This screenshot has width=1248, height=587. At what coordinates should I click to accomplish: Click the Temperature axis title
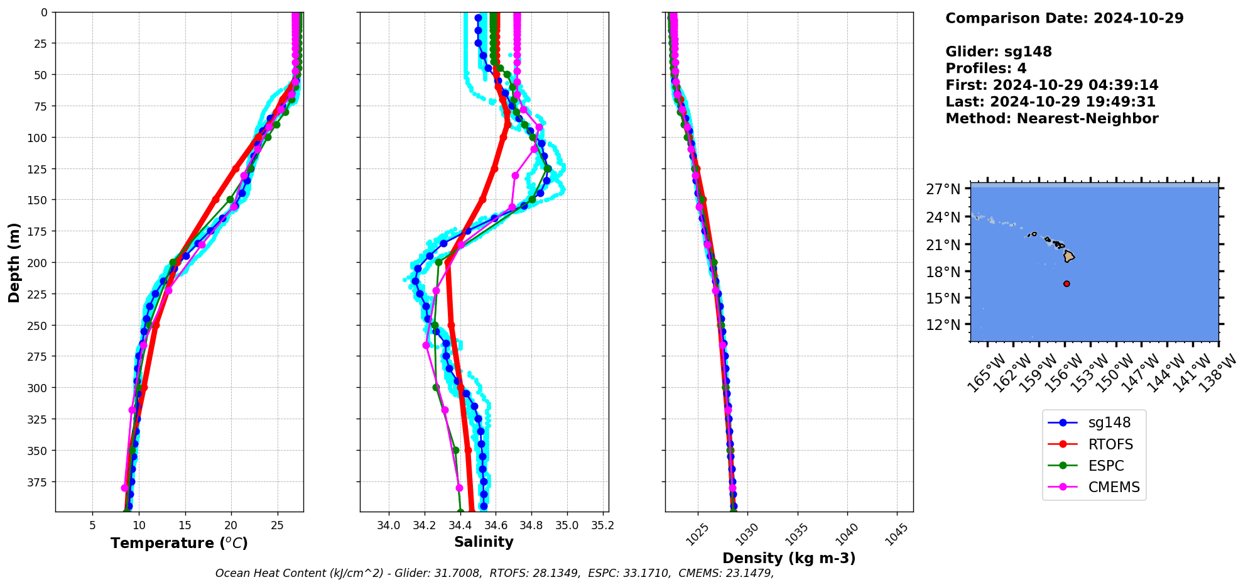coord(179,543)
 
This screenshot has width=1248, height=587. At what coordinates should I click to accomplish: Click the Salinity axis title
coord(484,542)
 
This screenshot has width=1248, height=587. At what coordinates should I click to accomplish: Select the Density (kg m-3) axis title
coord(789,558)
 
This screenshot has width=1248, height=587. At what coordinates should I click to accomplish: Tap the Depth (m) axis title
coord(14,262)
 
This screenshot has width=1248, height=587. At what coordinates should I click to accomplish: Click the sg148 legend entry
coord(1109,423)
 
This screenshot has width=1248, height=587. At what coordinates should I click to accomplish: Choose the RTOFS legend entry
coord(1110,444)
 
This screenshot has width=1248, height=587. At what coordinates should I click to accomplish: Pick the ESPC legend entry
coord(1106,466)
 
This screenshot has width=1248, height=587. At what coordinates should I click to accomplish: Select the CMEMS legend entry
coord(1114,487)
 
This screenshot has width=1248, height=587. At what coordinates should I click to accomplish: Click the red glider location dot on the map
coord(1066,283)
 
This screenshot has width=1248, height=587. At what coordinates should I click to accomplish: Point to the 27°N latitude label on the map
coord(943,189)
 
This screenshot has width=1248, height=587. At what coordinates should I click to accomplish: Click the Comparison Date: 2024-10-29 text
coord(1064,18)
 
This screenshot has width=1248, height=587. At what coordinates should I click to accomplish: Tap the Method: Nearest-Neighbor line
coord(1051,118)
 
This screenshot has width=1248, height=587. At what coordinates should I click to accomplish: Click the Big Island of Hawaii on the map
coord(1069,256)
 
